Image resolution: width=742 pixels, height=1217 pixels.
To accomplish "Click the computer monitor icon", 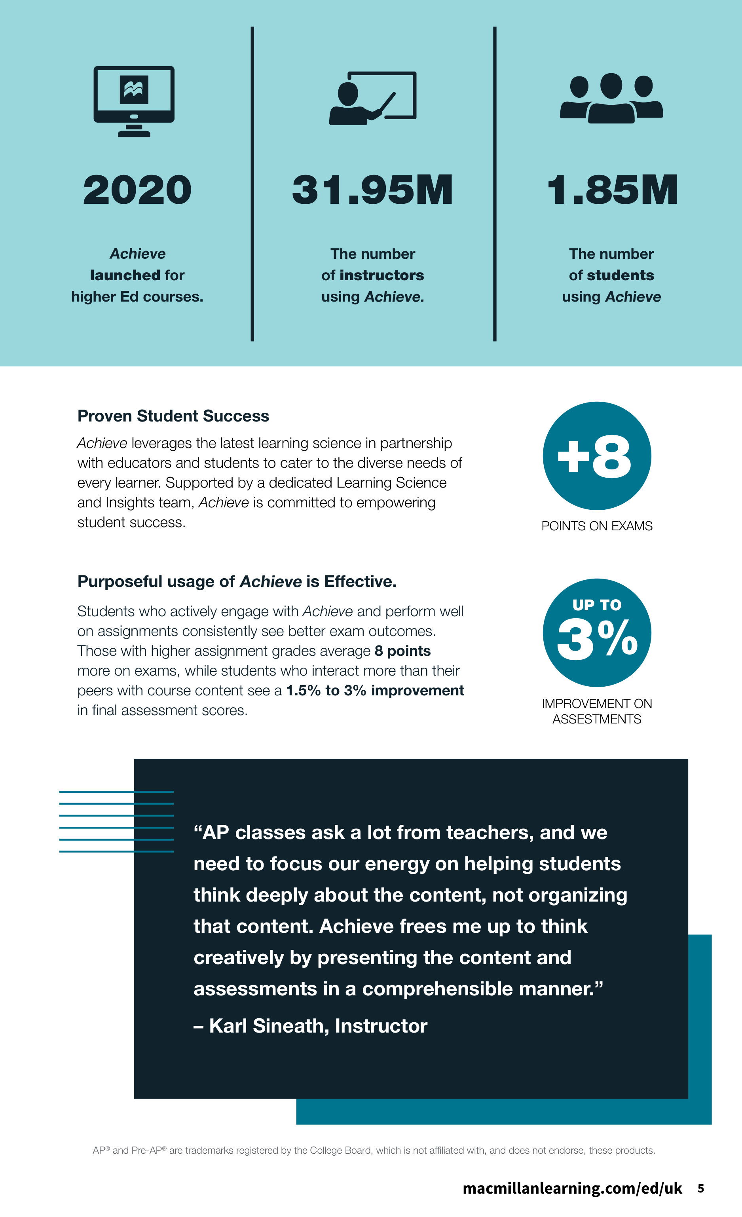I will (134, 101).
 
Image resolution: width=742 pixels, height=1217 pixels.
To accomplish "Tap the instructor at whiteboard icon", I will (373, 98).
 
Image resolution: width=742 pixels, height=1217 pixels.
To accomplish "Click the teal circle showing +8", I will (597, 456).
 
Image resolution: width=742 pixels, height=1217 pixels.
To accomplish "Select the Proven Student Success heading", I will (173, 416).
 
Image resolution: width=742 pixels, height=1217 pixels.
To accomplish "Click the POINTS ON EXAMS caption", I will (597, 526).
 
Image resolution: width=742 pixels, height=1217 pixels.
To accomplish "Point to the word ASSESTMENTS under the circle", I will (597, 719).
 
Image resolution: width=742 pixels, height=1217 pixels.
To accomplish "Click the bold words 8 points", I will (402, 651).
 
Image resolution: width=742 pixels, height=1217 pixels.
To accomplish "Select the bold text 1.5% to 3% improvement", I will (375, 691).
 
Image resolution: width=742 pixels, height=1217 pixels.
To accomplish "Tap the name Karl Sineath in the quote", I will (266, 1026).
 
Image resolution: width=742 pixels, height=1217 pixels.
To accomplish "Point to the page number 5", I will (700, 1189).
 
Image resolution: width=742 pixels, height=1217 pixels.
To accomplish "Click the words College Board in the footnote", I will (340, 1151).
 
